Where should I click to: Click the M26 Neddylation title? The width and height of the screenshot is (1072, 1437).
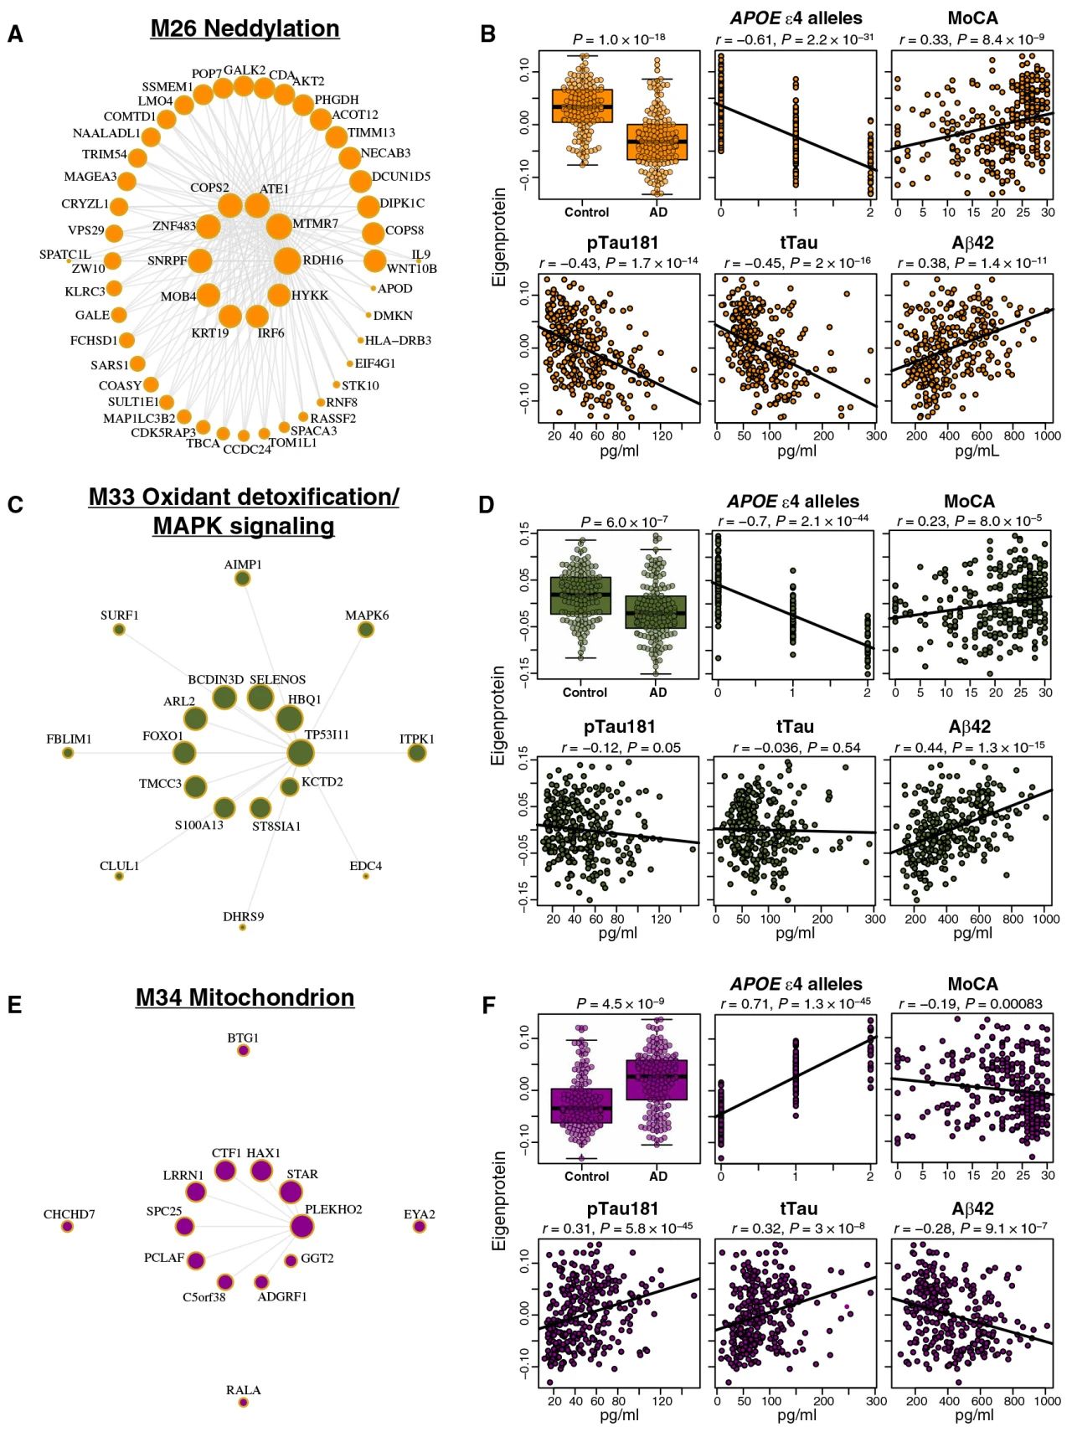(245, 28)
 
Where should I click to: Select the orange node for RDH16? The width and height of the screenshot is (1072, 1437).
(286, 260)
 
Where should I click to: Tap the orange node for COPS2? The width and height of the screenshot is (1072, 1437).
(229, 205)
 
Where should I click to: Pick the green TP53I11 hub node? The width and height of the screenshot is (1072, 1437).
(301, 753)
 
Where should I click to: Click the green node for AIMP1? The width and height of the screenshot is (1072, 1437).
(242, 579)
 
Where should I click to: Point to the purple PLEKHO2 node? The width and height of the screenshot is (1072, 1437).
(301, 1226)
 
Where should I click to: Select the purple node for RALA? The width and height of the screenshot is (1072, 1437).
(243, 1402)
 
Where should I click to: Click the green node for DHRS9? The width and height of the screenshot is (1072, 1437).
(243, 927)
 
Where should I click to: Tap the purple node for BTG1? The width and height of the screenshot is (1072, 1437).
(243, 1050)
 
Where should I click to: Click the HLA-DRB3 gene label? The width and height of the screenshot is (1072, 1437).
(398, 341)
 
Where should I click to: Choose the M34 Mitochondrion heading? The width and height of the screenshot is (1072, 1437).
(245, 997)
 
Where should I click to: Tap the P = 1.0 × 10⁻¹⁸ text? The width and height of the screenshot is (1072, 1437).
(619, 39)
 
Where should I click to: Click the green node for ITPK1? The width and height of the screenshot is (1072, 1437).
(416, 754)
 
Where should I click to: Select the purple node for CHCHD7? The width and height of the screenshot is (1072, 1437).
(67, 1227)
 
